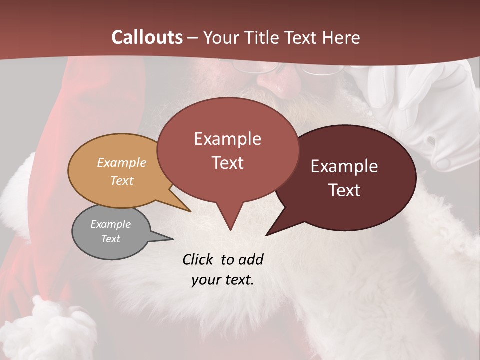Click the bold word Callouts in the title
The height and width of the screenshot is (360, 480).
(147, 37)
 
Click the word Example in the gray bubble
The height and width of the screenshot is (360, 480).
(110, 224)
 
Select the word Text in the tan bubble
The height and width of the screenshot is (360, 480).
(121, 180)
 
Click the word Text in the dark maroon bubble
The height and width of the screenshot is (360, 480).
(344, 190)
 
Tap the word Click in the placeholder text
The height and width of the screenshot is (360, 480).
(198, 259)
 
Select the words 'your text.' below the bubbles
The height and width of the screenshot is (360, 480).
(222, 280)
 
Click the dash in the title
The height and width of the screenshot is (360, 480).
(193, 38)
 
